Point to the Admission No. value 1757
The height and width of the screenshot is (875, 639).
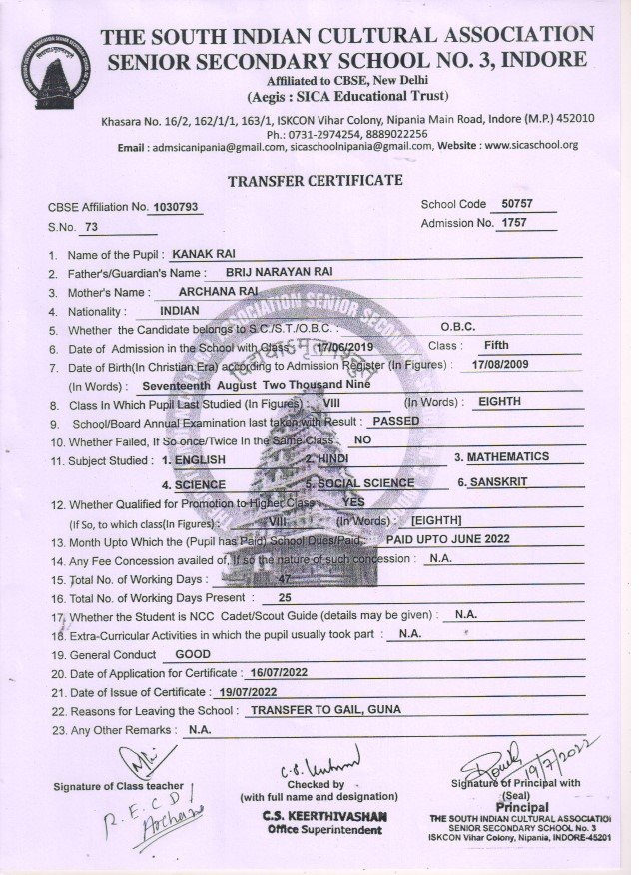(x=515, y=222)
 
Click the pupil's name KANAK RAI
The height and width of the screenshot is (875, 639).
(x=203, y=255)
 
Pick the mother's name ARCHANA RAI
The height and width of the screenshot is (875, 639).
(x=218, y=291)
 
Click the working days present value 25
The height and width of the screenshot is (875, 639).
(x=285, y=596)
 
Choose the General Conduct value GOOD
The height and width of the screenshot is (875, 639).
(x=193, y=653)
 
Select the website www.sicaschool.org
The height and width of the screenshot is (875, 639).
(x=532, y=145)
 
